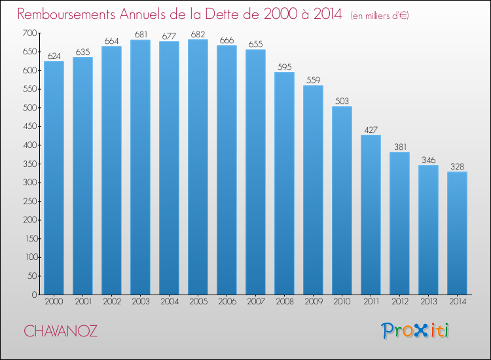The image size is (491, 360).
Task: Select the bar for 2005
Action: [198, 167]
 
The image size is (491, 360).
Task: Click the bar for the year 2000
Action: [54, 178]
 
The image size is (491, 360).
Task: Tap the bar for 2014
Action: [457, 233]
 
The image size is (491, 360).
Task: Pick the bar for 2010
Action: [342, 200]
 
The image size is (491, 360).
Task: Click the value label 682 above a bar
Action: [198, 35]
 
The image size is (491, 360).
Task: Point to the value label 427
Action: [371, 130]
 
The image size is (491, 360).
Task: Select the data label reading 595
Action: [284, 67]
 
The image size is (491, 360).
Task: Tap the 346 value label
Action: [428, 160]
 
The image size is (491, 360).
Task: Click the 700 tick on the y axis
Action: [29, 33]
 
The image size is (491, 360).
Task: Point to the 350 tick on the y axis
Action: [29, 164]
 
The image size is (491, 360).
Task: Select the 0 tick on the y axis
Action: [34, 295]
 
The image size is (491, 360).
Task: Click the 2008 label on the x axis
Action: [285, 302]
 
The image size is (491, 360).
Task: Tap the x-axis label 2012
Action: [400, 302]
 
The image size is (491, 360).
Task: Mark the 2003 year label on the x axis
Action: [141, 302]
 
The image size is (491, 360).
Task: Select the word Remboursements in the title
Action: [66, 14]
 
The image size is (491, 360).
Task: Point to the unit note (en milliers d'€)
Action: [380, 16]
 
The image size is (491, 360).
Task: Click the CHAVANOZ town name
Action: [60, 331]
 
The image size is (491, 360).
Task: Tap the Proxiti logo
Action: [415, 331]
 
